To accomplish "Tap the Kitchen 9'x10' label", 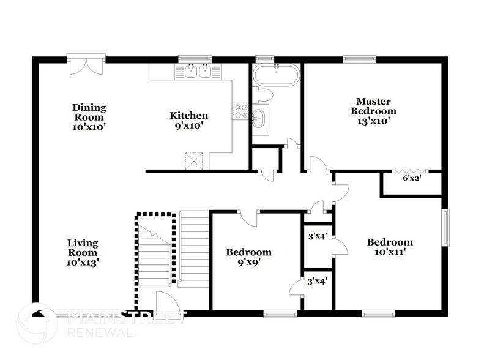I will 188,120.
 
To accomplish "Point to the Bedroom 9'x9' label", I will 248,257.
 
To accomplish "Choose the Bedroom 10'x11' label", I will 389,247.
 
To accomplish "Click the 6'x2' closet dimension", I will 411,179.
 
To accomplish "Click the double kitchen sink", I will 198,72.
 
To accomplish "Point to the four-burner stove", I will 240,111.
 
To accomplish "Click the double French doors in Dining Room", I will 86,65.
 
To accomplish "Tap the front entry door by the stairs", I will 165,302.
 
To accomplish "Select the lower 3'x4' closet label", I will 317,282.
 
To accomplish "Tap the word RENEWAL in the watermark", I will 101,333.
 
